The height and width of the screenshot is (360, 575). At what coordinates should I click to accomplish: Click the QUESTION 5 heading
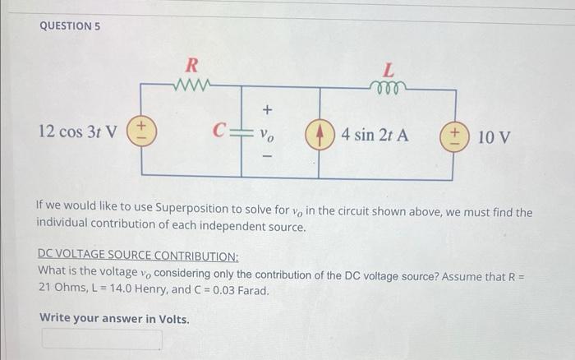[70, 25]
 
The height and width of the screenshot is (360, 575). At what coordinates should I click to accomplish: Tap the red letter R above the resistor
[191, 65]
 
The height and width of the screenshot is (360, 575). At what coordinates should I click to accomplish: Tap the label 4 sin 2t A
[375, 134]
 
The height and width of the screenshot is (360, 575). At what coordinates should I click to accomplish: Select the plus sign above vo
[266, 110]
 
